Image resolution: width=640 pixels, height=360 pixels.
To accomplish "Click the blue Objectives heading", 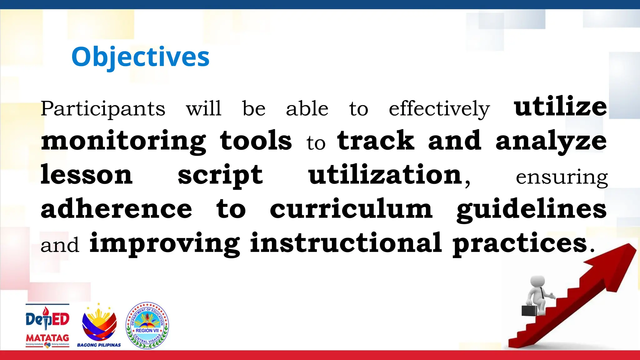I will [x=140, y=57].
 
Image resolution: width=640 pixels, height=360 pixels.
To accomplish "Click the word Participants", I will [x=103, y=109].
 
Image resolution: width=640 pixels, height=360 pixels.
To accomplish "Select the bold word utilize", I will [x=560, y=107].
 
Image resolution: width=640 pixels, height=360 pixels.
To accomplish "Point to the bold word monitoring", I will [x=123, y=141].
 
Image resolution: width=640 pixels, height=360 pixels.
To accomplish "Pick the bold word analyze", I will [x=551, y=141].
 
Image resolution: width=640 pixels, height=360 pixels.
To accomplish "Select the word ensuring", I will [x=562, y=177].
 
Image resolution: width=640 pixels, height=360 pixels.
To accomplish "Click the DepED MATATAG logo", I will [x=47, y=326].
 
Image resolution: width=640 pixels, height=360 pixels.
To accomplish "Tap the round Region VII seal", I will [x=147, y=325].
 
